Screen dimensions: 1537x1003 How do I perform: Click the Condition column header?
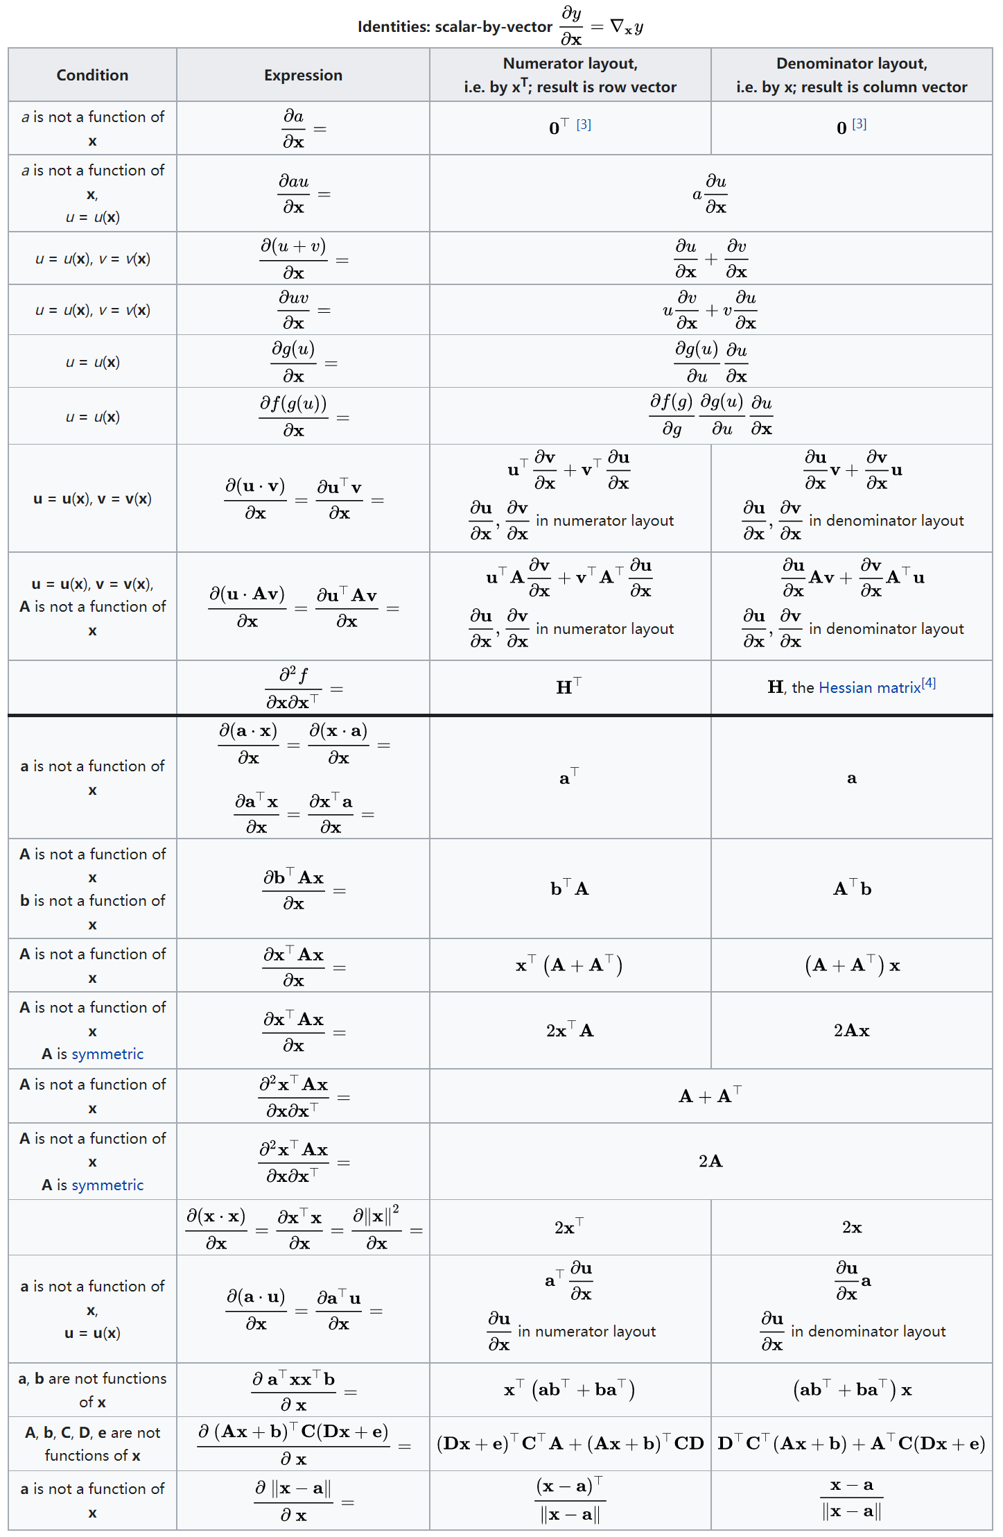point(92,75)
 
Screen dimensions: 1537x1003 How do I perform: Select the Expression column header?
point(303,75)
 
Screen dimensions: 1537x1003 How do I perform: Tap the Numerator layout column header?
point(570,75)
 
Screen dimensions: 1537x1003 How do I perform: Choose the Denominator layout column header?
point(851,75)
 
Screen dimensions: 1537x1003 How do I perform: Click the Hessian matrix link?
point(869,687)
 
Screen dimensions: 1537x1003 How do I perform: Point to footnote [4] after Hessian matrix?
point(929,683)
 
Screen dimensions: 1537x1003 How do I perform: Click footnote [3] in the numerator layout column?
point(584,124)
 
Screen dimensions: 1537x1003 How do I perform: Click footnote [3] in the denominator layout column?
point(860,124)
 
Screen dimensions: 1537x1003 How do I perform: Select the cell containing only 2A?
point(710,1161)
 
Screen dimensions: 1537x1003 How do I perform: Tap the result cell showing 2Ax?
point(851,1031)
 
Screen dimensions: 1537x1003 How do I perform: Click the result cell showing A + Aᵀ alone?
point(710,1096)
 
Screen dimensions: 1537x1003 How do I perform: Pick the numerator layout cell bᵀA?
point(570,888)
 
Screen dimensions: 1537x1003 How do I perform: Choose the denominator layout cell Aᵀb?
point(851,888)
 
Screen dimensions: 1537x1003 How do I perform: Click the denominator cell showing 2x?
point(851,1228)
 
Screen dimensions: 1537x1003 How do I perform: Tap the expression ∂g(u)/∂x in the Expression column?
point(294,361)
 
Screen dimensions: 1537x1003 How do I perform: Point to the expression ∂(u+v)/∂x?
point(294,259)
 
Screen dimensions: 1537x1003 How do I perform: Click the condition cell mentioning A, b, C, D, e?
point(92,1443)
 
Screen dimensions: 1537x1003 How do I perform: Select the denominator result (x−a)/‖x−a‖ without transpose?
point(851,1498)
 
